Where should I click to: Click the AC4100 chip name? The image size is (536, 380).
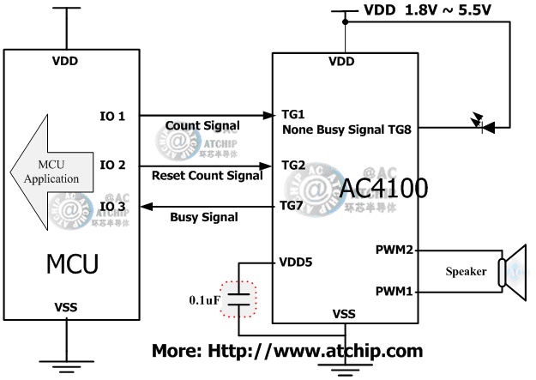click(383, 188)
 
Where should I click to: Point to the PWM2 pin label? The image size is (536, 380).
click(394, 250)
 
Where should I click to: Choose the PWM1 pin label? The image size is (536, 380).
click(394, 292)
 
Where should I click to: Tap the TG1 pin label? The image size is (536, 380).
click(293, 114)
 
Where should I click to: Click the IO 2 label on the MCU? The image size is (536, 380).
click(113, 164)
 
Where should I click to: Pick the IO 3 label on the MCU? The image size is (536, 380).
click(113, 206)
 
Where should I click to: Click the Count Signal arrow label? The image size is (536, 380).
click(202, 126)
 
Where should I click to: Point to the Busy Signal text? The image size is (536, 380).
click(204, 218)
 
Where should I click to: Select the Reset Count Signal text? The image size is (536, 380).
click(207, 176)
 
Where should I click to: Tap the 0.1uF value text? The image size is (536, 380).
click(206, 300)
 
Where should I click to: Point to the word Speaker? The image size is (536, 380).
click(466, 272)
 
